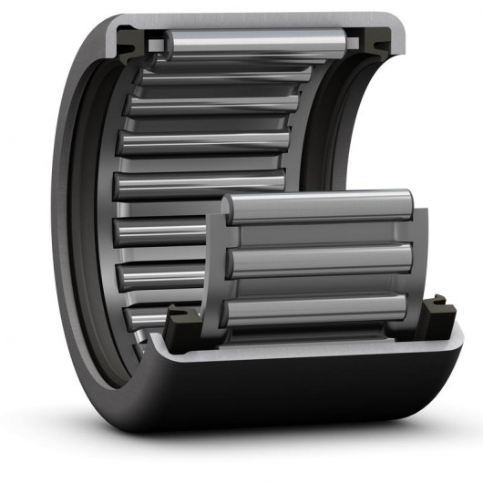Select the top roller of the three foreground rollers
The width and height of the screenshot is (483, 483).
[x=319, y=209]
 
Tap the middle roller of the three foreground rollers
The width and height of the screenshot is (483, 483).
[x=319, y=261]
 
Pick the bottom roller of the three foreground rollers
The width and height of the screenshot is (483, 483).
[x=319, y=310]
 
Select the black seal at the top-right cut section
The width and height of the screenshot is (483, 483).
[x=370, y=38]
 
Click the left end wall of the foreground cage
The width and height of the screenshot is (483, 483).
[x=217, y=264]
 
